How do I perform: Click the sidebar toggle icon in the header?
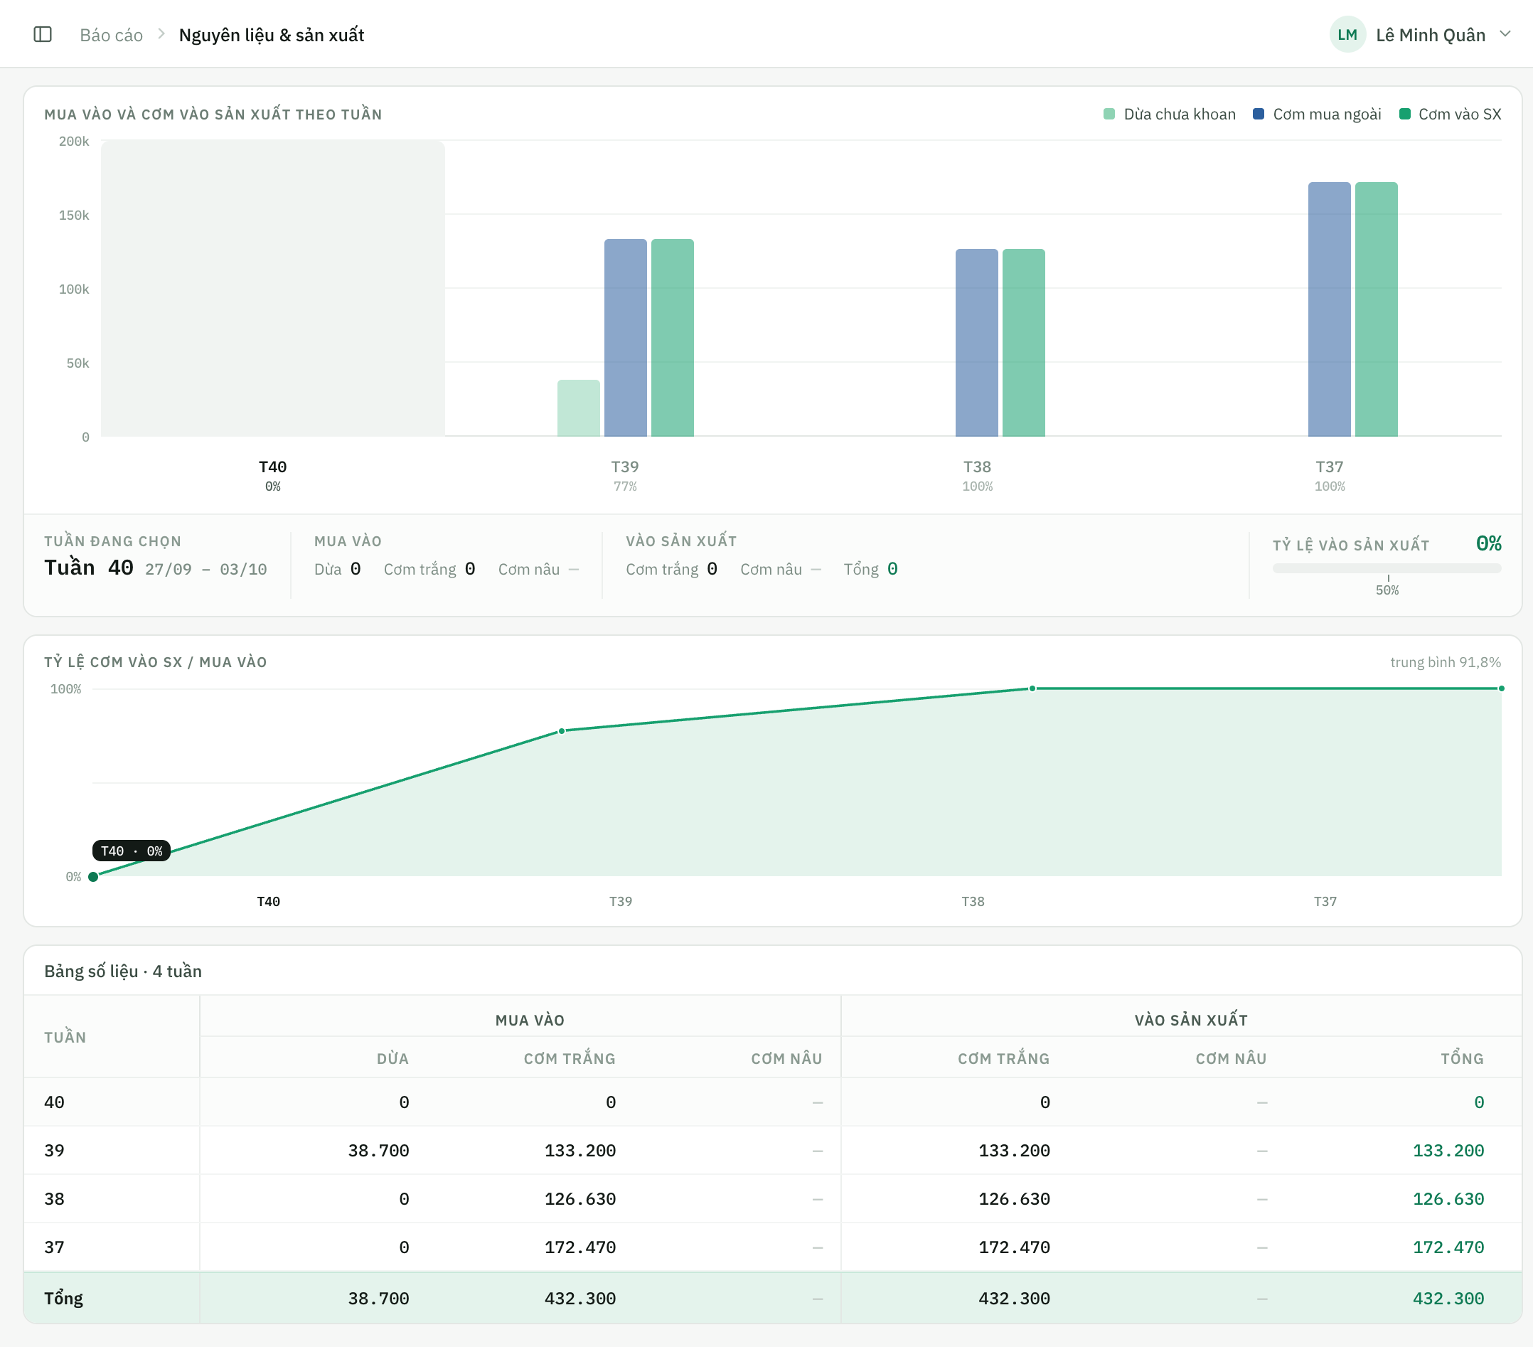tap(43, 35)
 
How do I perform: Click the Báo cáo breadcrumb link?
tap(111, 36)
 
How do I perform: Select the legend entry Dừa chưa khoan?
tap(1169, 114)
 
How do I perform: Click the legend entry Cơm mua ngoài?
tap(1317, 114)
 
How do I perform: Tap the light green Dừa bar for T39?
tap(578, 408)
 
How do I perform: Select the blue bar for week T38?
tap(976, 343)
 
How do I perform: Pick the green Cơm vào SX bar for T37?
tap(1377, 309)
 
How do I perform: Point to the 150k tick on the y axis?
tap(73, 215)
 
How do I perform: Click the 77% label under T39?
tap(625, 486)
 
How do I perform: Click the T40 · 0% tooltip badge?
tap(132, 851)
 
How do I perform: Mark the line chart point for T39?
tap(562, 731)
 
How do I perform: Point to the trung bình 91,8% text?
tap(1446, 662)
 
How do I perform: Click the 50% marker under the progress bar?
tap(1387, 590)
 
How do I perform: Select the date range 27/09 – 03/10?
tap(206, 569)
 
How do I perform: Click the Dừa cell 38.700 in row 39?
tap(379, 1151)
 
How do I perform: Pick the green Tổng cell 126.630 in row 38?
tap(1448, 1198)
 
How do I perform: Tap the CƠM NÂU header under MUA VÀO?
tap(786, 1058)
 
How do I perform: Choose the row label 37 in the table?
tap(54, 1247)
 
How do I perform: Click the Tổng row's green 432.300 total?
tap(1448, 1298)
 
